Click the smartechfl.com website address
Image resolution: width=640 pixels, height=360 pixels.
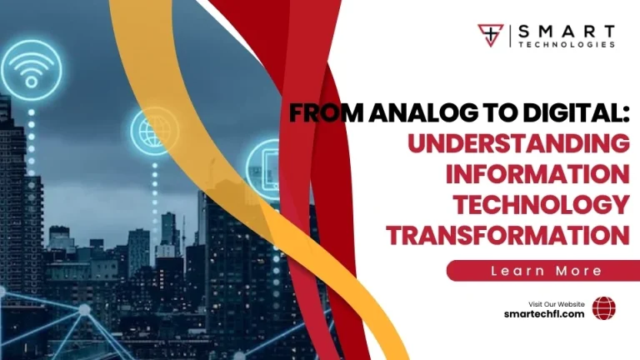click(x=545, y=313)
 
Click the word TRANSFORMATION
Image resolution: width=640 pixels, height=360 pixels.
click(x=507, y=234)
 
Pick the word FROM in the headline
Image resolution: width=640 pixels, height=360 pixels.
click(x=322, y=116)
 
